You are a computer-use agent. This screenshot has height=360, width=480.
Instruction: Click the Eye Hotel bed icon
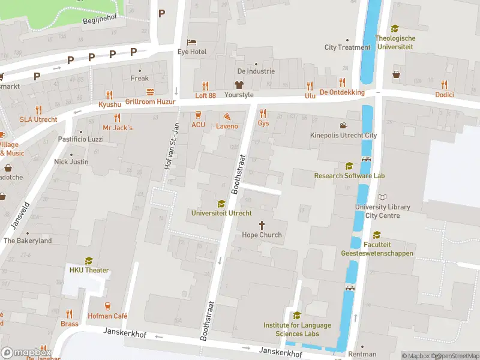pos(191,41)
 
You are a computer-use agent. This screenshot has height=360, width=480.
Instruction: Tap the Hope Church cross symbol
pos(262,224)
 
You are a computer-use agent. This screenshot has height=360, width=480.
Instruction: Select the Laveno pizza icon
pos(227,116)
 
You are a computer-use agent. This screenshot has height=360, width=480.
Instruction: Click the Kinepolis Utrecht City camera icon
pos(343,125)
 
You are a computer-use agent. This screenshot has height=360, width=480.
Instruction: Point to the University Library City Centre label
pos(382,211)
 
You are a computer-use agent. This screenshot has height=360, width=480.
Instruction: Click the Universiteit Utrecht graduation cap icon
pos(221,203)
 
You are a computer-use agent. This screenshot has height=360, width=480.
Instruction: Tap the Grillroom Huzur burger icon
pos(150,92)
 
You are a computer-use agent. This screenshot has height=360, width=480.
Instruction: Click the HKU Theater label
pos(89,270)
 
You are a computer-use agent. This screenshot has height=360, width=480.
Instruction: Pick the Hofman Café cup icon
pos(108,306)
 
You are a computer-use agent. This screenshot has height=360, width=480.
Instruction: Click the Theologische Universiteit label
pos(395,43)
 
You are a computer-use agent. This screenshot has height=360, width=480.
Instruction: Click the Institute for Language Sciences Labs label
pos(297,329)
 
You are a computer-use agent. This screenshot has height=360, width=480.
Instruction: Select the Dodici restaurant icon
pos(444,85)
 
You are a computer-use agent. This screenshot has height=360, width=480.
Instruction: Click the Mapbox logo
pos(26,352)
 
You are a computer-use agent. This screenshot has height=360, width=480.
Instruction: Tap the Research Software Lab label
pos(349,176)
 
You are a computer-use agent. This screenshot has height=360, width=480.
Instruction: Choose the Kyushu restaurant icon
pos(109,94)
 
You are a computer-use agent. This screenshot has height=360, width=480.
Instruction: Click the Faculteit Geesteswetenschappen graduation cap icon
pos(377,235)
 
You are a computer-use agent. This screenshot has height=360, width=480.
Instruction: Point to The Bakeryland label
pos(28,241)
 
